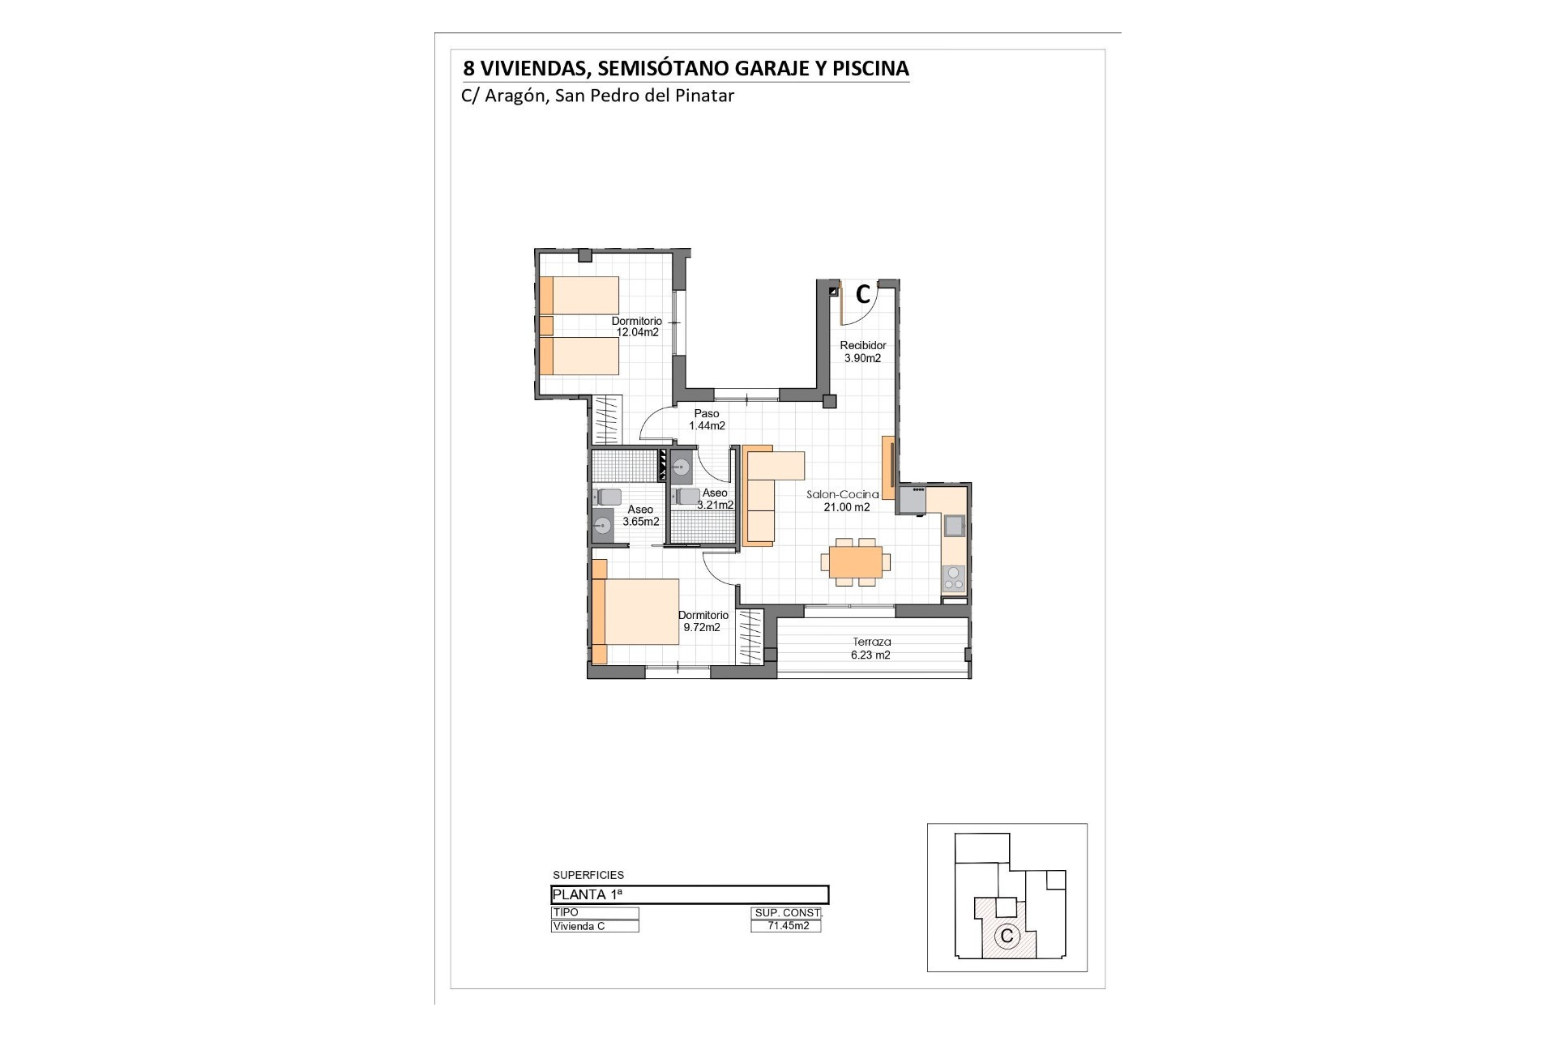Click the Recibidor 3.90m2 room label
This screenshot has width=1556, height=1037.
pos(862,352)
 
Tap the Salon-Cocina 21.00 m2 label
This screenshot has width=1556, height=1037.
pos(842,501)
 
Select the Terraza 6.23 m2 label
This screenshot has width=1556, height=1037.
pos(871,648)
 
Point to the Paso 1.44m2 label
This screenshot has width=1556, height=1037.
pos(707,420)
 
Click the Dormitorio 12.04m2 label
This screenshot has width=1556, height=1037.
pos(636,326)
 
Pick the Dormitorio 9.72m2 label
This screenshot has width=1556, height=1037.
pos(703,621)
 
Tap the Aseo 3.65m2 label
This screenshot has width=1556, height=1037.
pos(640,515)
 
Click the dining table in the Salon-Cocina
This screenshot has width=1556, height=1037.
pos(855,561)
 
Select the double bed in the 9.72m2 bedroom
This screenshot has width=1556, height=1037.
pos(635,611)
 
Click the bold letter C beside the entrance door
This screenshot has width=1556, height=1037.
pos(863,293)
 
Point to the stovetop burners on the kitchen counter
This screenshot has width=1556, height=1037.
pos(954,578)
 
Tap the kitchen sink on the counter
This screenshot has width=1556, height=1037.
pos(954,526)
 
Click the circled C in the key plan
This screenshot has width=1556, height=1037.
pos(1007,936)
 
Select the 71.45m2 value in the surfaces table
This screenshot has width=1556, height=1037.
pos(785,926)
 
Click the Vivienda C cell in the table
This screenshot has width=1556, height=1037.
pos(595,926)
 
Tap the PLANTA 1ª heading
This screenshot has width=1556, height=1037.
pos(588,894)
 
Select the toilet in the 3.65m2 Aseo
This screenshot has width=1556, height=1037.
pos(608,497)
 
